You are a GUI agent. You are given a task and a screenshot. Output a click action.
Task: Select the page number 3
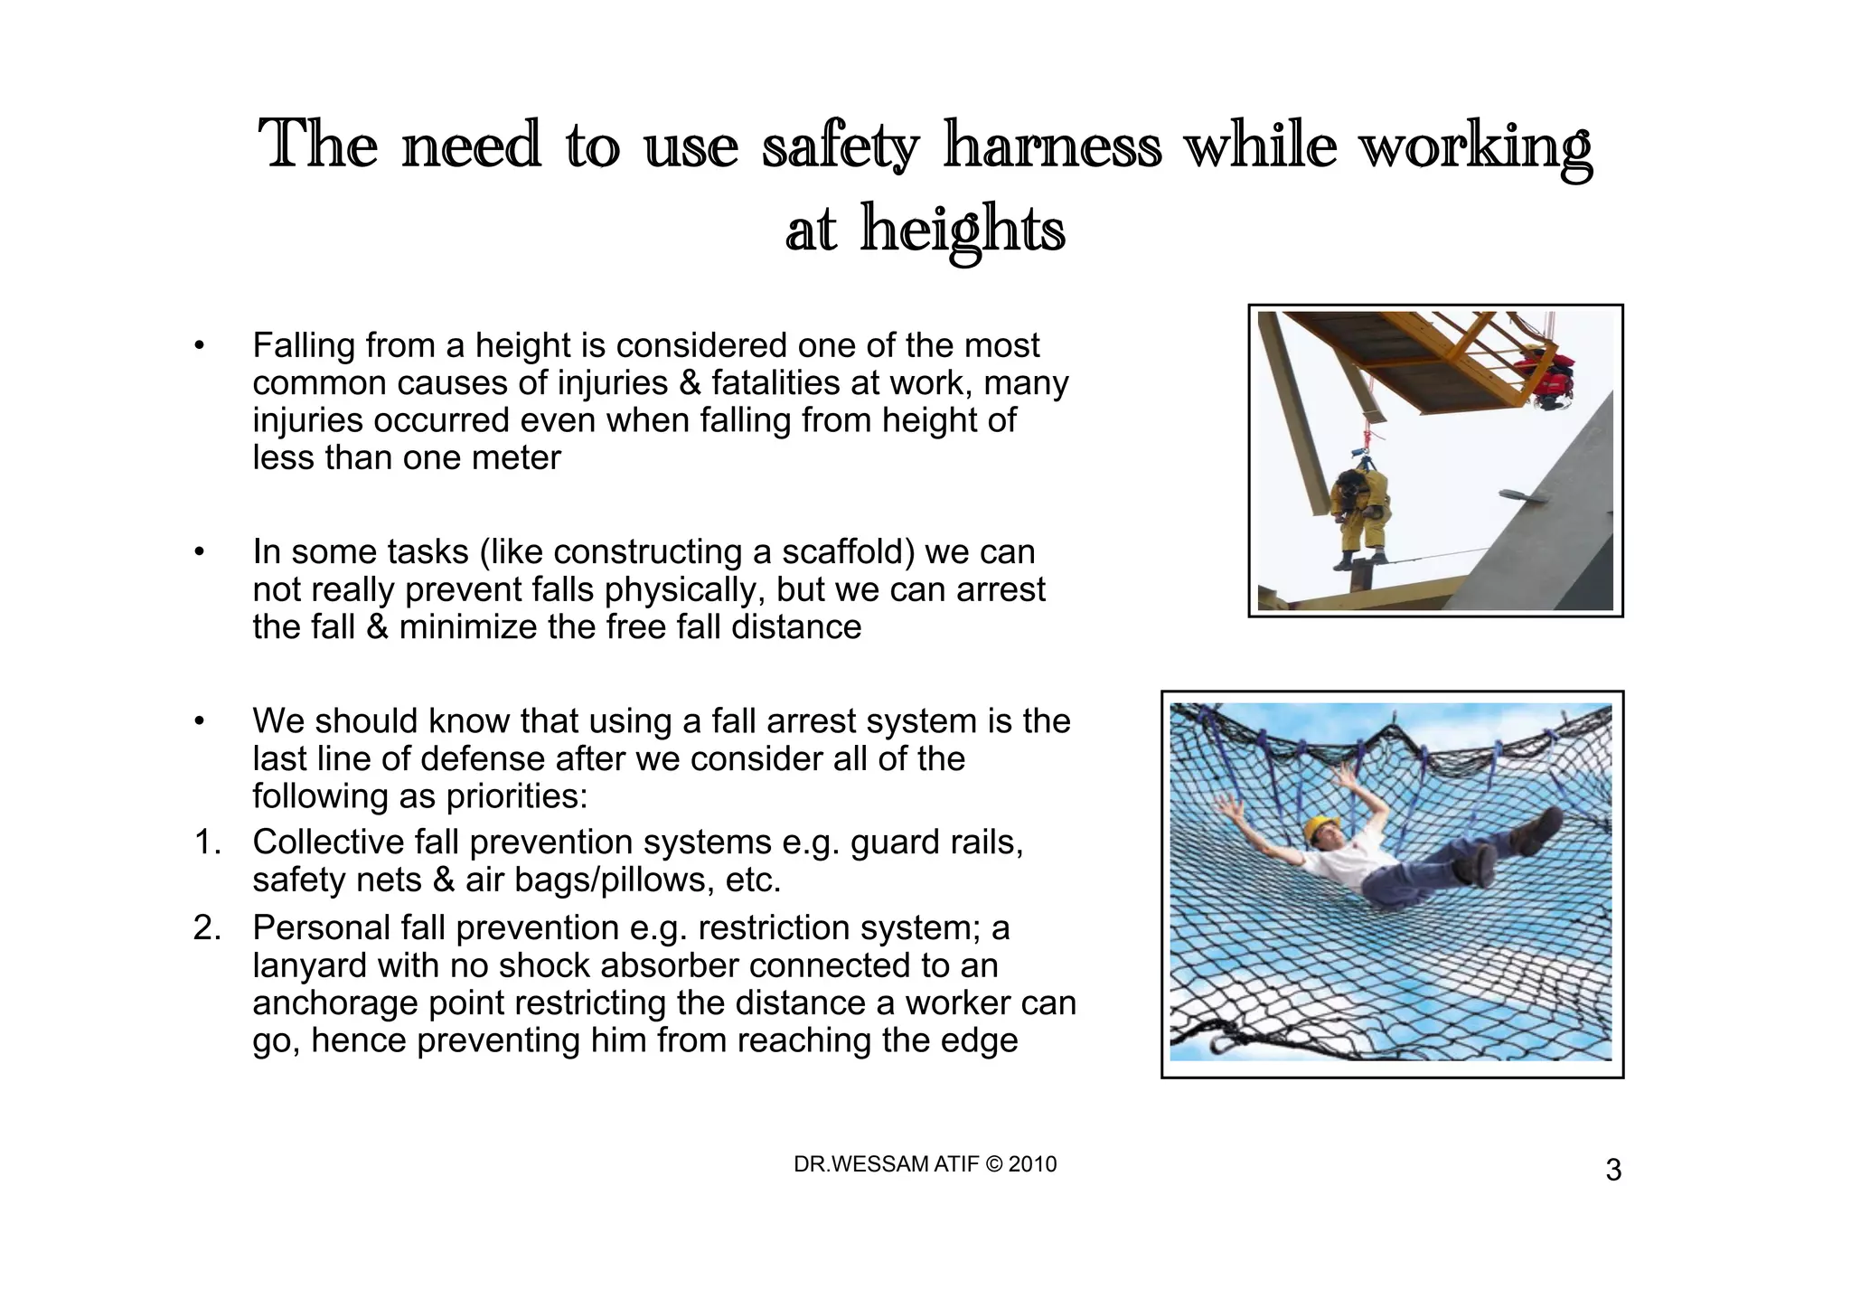pos(1613,1171)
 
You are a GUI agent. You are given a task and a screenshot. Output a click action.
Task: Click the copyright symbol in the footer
pos(993,1164)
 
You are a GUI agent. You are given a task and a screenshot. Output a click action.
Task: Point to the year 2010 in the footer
pos(1032,1164)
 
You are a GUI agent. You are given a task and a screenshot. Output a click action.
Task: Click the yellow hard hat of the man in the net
pos(1323,827)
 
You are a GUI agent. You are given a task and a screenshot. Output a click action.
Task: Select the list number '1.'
pos(208,842)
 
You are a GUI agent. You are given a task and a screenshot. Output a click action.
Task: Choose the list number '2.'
pos(208,928)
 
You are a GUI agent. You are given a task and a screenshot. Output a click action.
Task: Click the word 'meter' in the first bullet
pos(519,458)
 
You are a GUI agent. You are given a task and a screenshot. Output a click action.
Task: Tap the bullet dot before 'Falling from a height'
pos(200,346)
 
